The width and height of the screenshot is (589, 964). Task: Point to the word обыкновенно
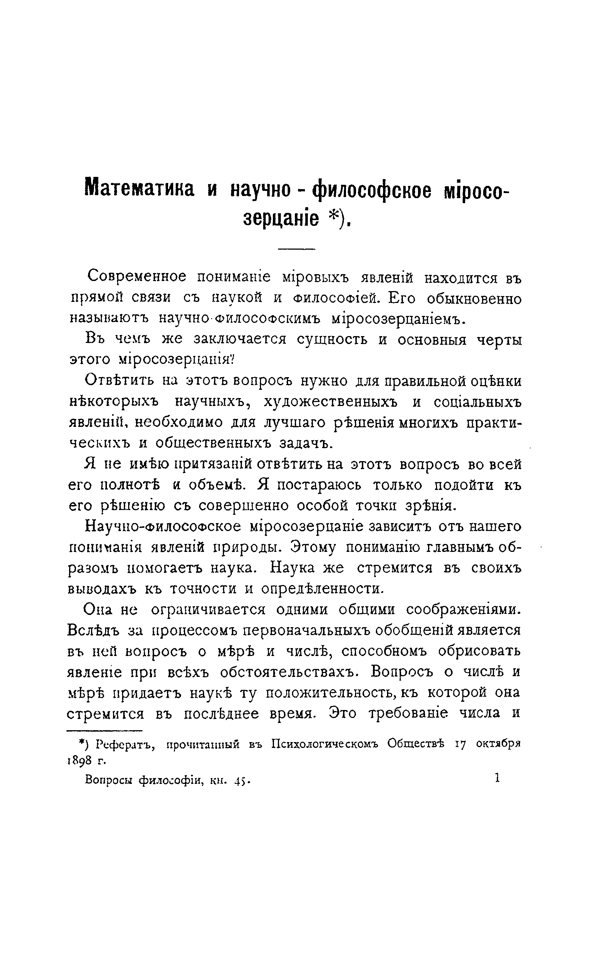[474, 299]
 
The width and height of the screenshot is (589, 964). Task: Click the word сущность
[332, 339]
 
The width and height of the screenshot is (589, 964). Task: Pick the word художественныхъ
[331, 402]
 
